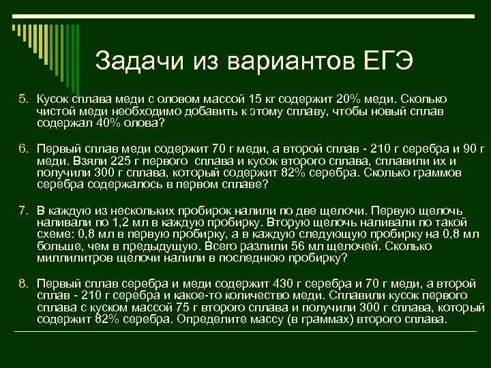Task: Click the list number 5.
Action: [x=23, y=99]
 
